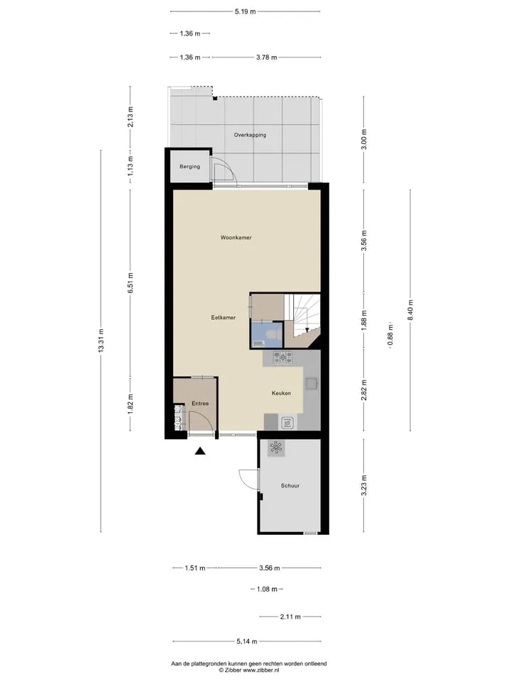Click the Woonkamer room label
[x=236, y=238]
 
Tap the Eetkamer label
[x=224, y=318]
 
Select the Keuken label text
[x=281, y=393]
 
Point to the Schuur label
[x=290, y=485]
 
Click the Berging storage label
[x=190, y=166]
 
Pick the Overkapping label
[x=250, y=135]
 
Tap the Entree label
[x=200, y=404]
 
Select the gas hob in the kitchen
[x=283, y=358]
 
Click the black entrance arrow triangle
[x=200, y=451]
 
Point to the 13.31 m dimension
[x=101, y=341]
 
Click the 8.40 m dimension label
[x=410, y=310]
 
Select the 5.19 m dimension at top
[x=245, y=12]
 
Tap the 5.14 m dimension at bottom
[x=247, y=641]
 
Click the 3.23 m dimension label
[x=363, y=485]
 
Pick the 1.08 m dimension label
[x=267, y=589]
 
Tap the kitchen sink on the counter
[x=311, y=383]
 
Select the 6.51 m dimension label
[x=131, y=282]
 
